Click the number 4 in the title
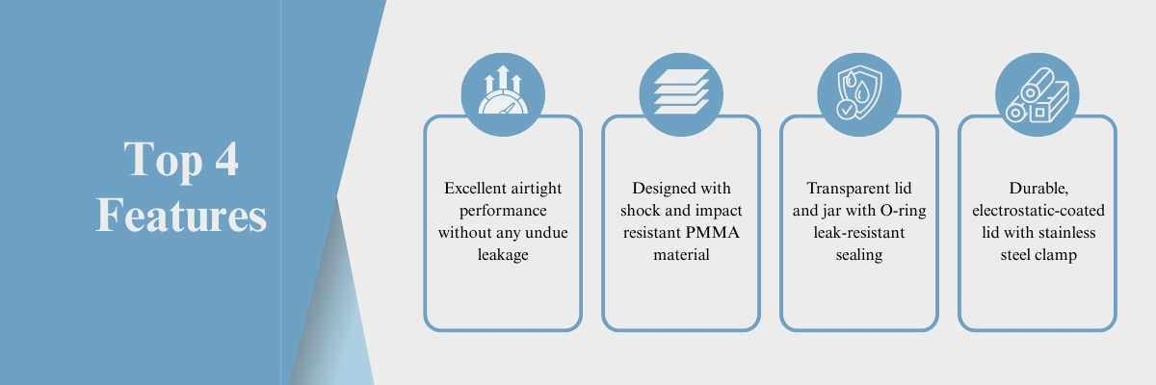click(x=226, y=159)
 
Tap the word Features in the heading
click(x=181, y=215)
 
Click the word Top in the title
click(x=163, y=161)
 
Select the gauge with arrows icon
click(x=503, y=90)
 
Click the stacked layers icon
click(x=681, y=91)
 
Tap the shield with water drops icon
click(x=858, y=92)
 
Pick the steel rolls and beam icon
click(x=1037, y=95)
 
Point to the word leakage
click(x=503, y=255)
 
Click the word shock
click(x=641, y=210)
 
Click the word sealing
click(x=859, y=255)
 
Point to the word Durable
click(x=1038, y=189)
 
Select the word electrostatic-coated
click(x=1038, y=210)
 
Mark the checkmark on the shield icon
click(x=846, y=110)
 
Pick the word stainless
click(x=1068, y=232)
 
